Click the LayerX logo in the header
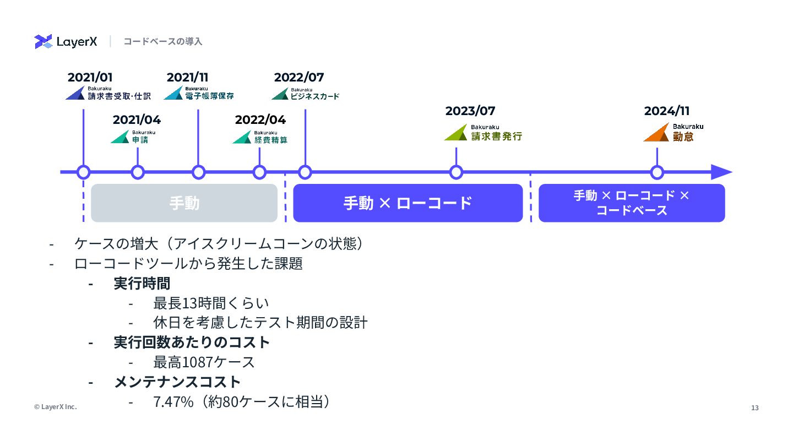(66, 42)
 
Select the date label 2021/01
(90, 78)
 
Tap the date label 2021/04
(137, 120)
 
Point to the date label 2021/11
(187, 78)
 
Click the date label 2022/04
(260, 120)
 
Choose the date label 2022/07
(299, 78)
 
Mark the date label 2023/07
(470, 111)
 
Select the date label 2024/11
(667, 111)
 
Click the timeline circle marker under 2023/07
(456, 172)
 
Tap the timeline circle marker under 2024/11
(657, 172)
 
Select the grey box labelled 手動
(184, 203)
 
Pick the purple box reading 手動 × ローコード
(408, 203)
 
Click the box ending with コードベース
(631, 203)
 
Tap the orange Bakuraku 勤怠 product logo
(673, 133)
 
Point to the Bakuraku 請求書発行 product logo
(483, 133)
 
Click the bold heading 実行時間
(142, 284)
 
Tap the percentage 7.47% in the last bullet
(173, 402)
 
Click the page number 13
(755, 408)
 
